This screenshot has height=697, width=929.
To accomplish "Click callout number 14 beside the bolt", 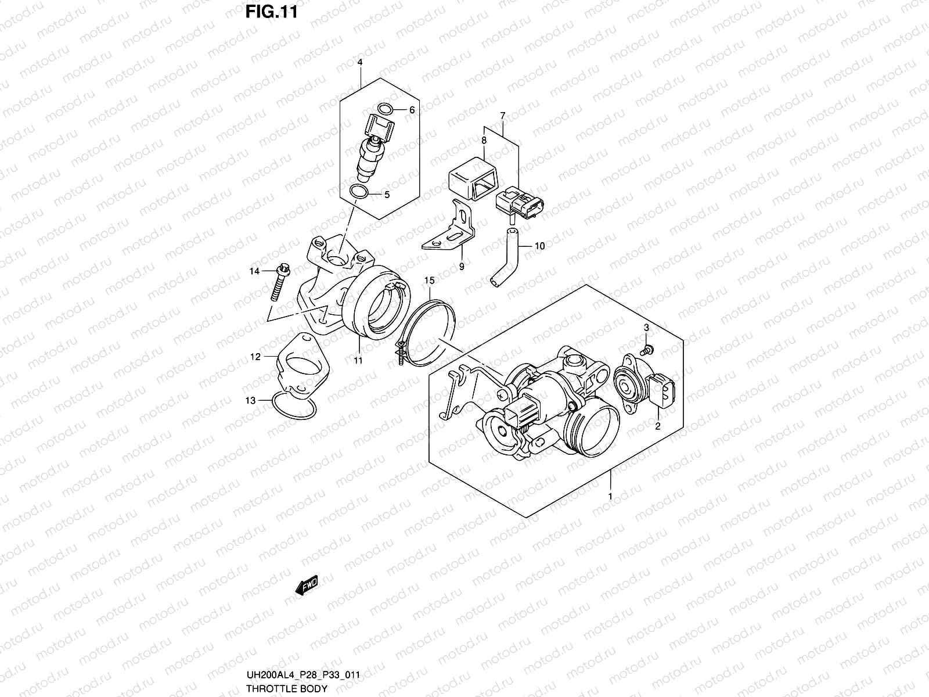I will (x=254, y=271).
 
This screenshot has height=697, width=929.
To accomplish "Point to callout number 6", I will (x=412, y=110).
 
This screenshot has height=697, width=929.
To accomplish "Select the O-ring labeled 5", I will (x=359, y=192).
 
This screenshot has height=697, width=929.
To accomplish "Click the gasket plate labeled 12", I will (x=302, y=367).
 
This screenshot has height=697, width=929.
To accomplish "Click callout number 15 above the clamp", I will (x=429, y=281).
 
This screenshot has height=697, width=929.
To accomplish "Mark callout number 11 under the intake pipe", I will (x=358, y=361).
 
